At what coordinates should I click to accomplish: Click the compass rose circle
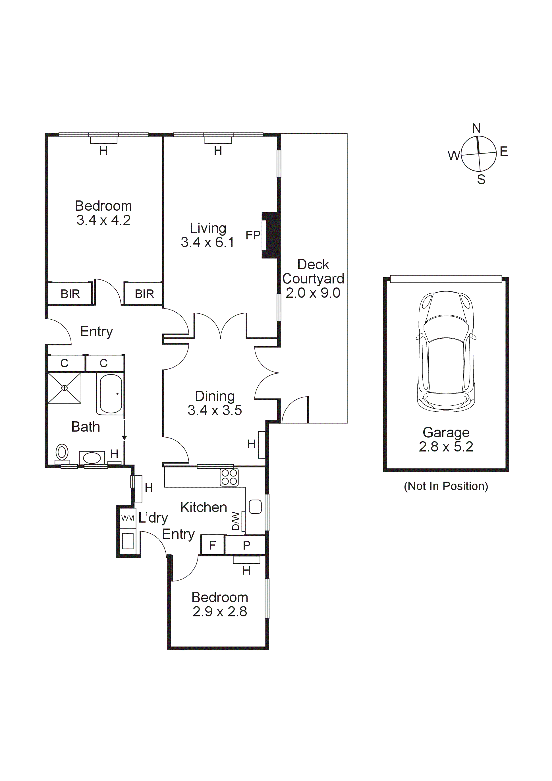pos(479,154)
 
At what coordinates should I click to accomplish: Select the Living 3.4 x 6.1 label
pos(207,235)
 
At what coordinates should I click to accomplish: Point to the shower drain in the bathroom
pos(64,388)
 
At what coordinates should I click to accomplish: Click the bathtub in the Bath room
pos(111,394)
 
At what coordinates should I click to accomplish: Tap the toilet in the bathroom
pos(62,452)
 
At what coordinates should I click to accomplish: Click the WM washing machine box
pos(128,518)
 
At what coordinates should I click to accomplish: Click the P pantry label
pos(246,545)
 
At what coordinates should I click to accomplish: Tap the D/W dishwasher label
pos(236,521)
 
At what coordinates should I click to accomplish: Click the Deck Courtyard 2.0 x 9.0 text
pos(313,279)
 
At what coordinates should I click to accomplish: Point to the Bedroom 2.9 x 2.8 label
pos(220,604)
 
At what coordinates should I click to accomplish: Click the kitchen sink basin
pos(255,507)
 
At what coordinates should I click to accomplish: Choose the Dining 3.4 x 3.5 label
pos(215,403)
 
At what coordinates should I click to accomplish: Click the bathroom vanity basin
pos(92,458)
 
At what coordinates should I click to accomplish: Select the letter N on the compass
pos(476,128)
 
